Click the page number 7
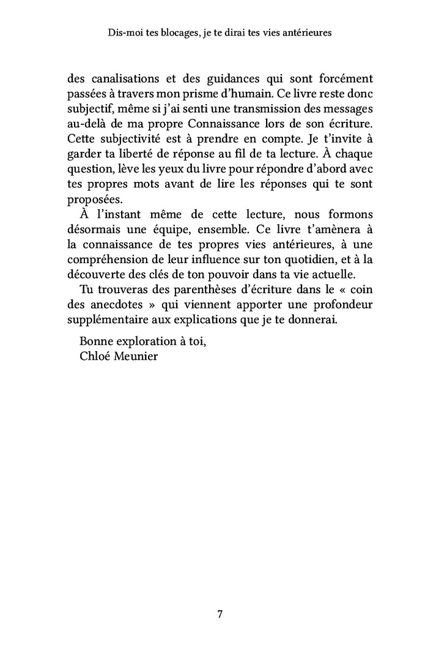[219, 615]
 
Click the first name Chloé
[96, 356]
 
